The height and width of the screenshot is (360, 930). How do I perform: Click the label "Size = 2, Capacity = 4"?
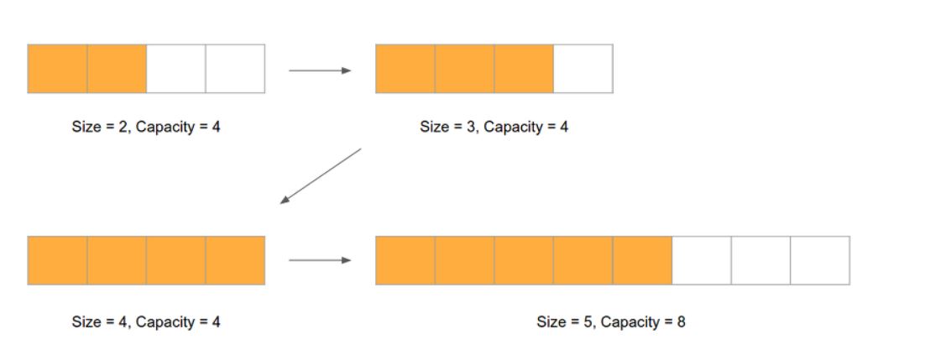click(x=146, y=127)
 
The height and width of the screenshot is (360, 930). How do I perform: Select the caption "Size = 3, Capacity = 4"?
click(x=494, y=127)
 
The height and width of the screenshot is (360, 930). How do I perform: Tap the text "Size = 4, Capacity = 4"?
click(x=146, y=321)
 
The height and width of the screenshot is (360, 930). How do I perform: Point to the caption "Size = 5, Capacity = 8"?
click(x=611, y=321)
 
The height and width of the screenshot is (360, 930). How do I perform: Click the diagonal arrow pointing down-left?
click(x=321, y=175)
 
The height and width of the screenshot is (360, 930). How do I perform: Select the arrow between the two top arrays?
click(x=320, y=70)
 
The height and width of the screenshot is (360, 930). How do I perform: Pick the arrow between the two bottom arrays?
click(x=320, y=260)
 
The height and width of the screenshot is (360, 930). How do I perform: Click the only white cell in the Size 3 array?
click(x=583, y=69)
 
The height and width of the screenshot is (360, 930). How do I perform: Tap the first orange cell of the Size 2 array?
click(x=57, y=69)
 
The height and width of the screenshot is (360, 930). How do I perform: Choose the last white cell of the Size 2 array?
click(x=235, y=69)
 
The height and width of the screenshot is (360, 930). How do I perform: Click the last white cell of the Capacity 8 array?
click(x=820, y=260)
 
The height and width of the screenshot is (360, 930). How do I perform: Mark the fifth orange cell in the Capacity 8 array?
click(x=642, y=260)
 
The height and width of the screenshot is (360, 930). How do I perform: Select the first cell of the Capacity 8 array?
click(x=405, y=260)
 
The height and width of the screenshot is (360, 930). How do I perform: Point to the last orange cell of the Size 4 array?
click(x=235, y=260)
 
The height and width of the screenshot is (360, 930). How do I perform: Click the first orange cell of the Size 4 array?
click(x=57, y=260)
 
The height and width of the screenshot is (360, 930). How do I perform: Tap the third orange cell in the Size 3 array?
click(x=524, y=69)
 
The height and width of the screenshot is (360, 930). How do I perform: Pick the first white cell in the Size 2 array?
click(x=176, y=69)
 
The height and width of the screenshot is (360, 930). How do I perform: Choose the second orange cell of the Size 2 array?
click(x=117, y=69)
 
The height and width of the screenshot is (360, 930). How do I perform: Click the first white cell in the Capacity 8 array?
click(x=702, y=260)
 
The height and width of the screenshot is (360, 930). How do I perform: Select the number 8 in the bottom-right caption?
click(x=681, y=321)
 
